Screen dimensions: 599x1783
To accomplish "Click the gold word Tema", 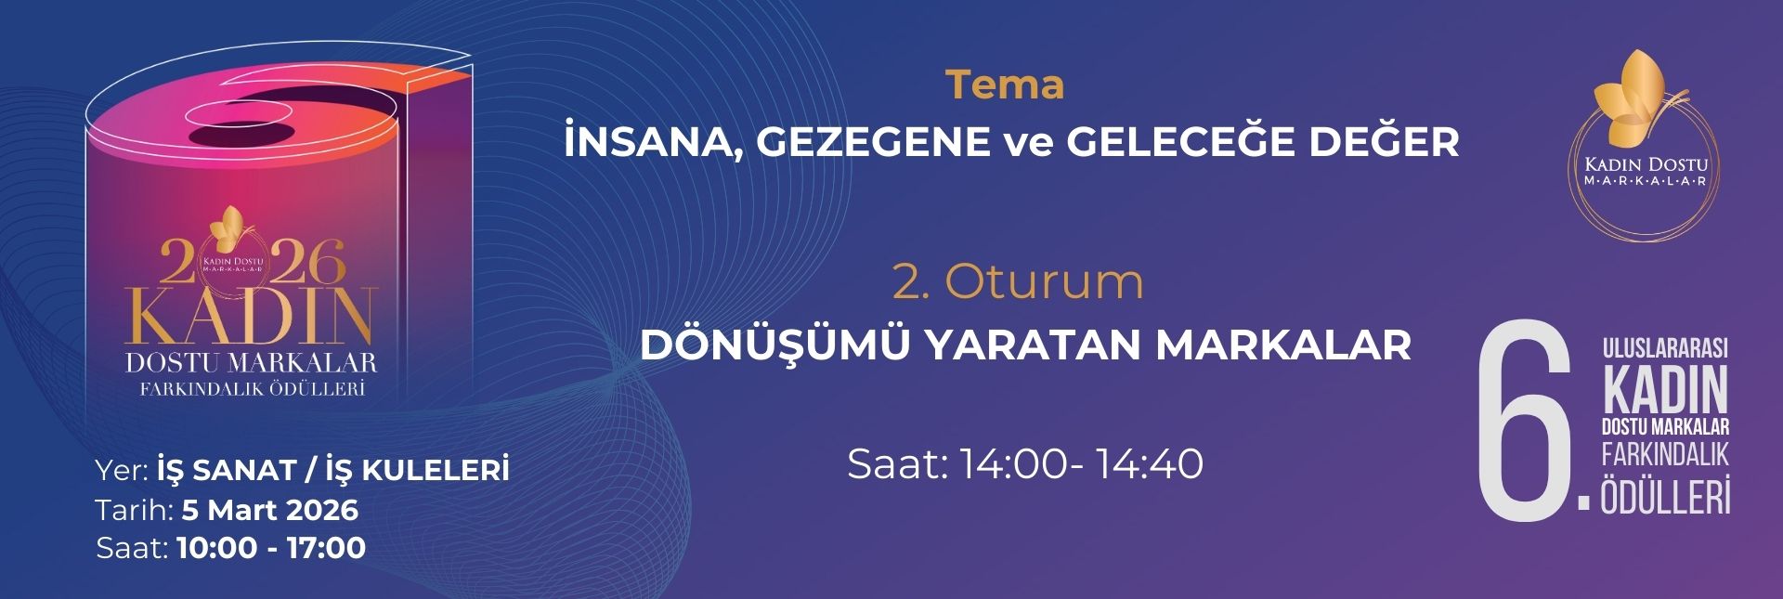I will pos(1005,85).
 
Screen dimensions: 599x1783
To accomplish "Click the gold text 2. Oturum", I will pos(1018,282).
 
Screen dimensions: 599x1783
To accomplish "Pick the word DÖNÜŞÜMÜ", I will pos(774,345).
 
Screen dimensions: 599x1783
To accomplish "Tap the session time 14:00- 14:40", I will pos(1081,463).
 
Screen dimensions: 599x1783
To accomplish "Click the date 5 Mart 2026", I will pos(270,510).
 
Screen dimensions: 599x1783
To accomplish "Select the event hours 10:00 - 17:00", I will pos(271,548).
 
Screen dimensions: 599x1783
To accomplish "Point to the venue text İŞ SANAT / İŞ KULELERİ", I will pos(333,471).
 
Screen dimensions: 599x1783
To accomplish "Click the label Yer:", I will pos(122,471).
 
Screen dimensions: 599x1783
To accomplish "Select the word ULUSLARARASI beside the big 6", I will pos(1665,349).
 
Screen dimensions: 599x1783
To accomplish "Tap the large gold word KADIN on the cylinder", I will pos(251,315).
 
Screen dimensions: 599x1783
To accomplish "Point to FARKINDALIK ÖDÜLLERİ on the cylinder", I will pos(251,389).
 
